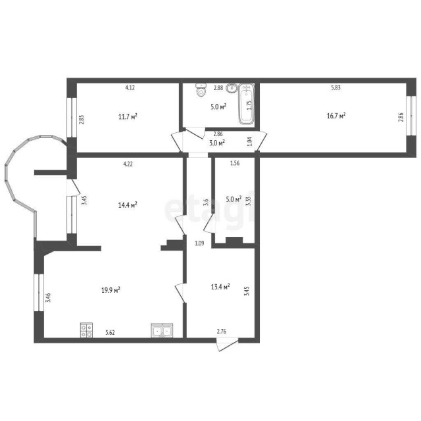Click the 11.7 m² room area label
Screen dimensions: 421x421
click(x=128, y=116)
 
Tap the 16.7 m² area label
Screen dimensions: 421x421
click(x=335, y=115)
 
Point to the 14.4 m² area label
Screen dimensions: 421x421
click(x=127, y=205)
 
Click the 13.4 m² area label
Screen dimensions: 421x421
click(x=220, y=286)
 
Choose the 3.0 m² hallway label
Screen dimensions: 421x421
click(x=217, y=142)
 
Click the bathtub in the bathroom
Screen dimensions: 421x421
click(x=247, y=104)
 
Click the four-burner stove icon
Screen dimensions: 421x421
click(x=86, y=331)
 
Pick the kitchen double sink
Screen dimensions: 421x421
click(x=161, y=331)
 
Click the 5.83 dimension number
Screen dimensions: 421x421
click(x=335, y=87)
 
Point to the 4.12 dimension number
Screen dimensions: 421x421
click(x=130, y=87)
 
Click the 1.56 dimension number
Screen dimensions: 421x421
click(x=234, y=164)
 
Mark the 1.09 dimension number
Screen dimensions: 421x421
click(x=199, y=244)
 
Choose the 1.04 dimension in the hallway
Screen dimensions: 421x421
click(x=249, y=141)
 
